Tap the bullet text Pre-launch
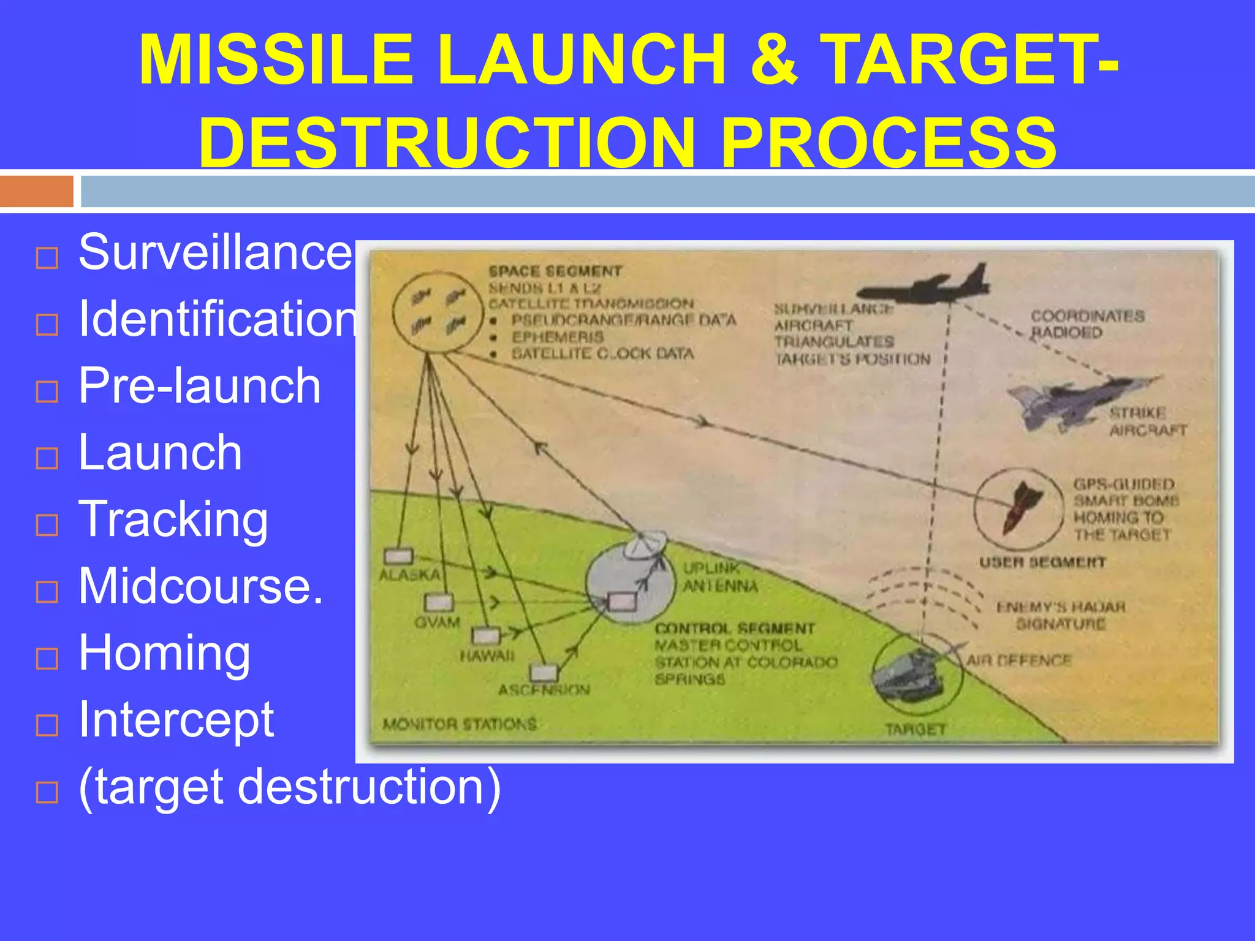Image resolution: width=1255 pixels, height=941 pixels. (x=200, y=386)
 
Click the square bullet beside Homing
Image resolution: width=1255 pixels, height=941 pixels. (x=47, y=659)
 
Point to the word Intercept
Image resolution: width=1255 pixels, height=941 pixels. (x=176, y=719)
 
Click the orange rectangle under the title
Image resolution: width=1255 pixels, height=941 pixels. (x=37, y=191)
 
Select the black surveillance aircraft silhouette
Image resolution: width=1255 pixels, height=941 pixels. (x=925, y=284)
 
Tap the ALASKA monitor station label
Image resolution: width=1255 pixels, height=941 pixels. (x=409, y=575)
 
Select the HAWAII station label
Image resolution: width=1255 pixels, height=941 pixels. (x=487, y=656)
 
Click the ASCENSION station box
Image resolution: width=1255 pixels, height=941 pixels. (x=544, y=673)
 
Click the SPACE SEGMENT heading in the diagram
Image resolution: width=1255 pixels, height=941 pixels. (x=555, y=271)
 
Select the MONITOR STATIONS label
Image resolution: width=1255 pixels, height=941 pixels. (x=460, y=724)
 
